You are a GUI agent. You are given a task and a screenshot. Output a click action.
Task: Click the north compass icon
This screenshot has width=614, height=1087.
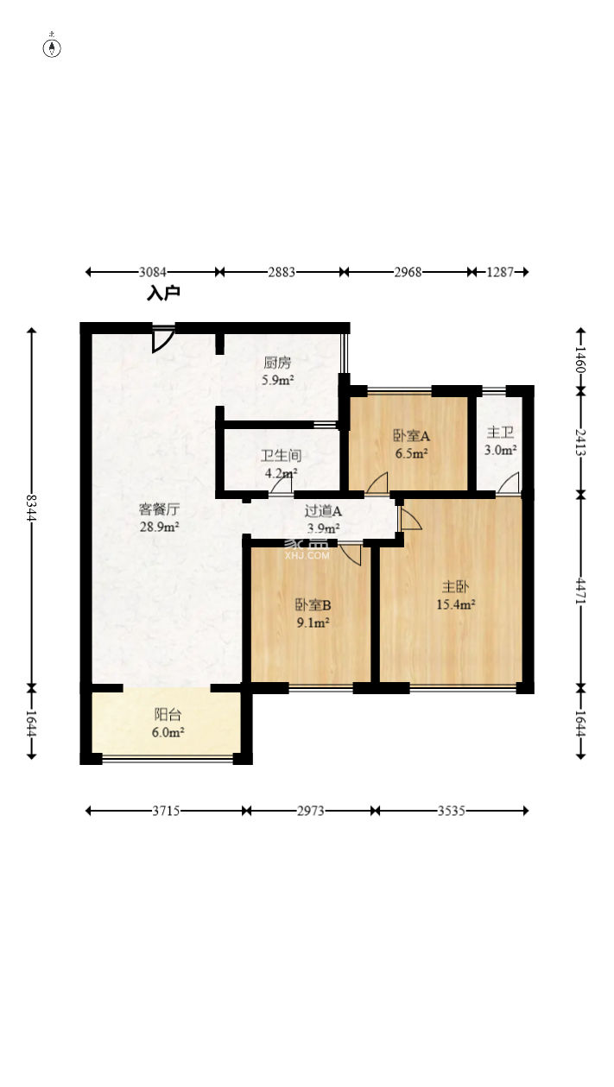coord(52,47)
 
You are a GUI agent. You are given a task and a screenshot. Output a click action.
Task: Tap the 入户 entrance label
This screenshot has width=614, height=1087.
coord(163,293)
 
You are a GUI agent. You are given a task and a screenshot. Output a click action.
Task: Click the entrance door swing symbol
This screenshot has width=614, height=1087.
coord(161,338)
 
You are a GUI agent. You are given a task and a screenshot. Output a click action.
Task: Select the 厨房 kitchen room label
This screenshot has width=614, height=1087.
coord(277,363)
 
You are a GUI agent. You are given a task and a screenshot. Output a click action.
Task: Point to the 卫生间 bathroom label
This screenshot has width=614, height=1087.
coord(281,455)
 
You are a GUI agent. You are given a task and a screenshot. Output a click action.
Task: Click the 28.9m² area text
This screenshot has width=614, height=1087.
coord(160,527)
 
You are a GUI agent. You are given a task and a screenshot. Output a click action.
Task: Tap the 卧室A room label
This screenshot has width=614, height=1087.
coord(411,436)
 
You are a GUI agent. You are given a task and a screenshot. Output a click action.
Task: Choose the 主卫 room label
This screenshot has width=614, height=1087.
coord(500,432)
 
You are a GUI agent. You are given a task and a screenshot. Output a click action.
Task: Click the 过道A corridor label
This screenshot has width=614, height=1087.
coord(323,510)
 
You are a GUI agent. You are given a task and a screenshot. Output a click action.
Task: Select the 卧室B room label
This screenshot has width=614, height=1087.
coord(313,604)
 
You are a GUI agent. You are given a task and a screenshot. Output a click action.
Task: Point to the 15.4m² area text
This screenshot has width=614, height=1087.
coord(455,604)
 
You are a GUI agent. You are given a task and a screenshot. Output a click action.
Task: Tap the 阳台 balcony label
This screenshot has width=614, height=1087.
coord(168,714)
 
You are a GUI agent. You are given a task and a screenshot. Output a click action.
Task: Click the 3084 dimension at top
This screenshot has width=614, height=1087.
coord(152,272)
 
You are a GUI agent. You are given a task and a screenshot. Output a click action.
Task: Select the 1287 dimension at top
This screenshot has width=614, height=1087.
coord(500,272)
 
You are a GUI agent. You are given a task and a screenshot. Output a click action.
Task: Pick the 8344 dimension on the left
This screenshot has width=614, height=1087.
coord(32,508)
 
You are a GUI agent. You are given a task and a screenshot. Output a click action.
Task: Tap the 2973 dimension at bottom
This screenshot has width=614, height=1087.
coord(311,811)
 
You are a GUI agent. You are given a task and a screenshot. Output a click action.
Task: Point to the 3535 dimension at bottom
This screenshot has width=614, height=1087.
coord(452,811)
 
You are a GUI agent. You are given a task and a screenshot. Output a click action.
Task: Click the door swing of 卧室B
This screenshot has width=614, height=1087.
coord(351,554)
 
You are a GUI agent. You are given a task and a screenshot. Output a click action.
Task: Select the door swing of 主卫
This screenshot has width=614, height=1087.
coord(509,483)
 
